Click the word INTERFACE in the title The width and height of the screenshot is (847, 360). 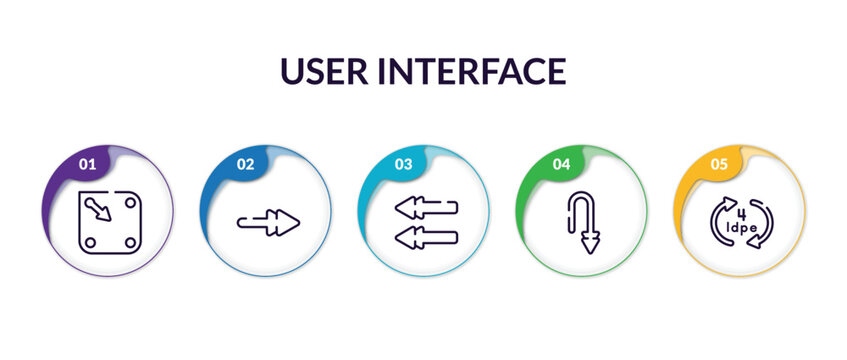pos(478,71)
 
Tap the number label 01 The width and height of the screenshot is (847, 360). pos(87,164)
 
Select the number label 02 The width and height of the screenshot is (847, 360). pos(245,164)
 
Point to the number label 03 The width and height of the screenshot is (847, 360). pos(403,164)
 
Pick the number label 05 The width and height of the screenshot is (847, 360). pos(719,164)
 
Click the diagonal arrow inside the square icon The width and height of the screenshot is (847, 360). pos(98,210)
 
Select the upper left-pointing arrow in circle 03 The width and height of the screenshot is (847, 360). pos(426,208)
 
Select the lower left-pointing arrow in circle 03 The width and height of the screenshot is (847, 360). pos(426,237)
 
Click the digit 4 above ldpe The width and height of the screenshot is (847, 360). pos(741,212)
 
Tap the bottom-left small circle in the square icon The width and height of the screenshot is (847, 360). pos(89,242)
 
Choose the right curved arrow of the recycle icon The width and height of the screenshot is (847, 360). pos(765,226)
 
